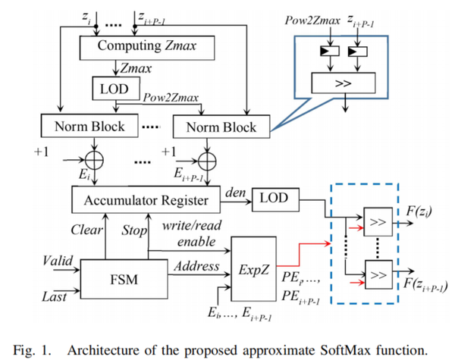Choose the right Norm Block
coord(221,126)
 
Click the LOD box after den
coord(273,196)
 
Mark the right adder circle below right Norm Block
coord(205,161)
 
